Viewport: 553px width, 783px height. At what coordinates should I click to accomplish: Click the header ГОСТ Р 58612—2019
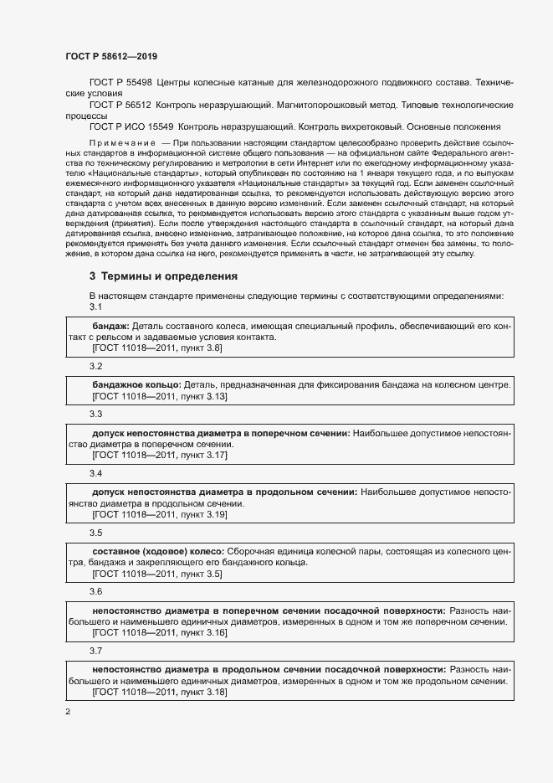[x=110, y=56]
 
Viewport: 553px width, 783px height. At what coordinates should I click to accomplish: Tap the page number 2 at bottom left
[x=68, y=712]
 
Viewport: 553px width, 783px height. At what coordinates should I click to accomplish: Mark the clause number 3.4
[x=95, y=474]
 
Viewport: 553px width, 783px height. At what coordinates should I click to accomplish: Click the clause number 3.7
[x=95, y=651]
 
